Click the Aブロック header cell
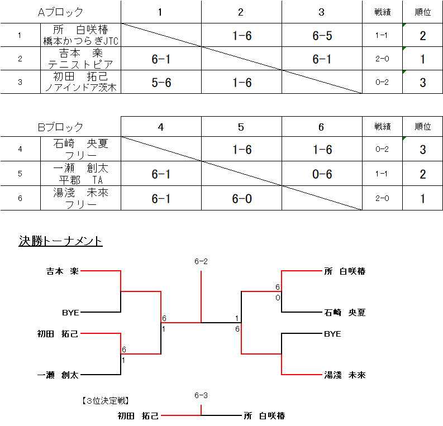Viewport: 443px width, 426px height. [60, 12]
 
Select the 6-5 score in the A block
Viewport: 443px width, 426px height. [322, 36]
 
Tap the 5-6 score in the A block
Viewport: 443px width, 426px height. [161, 83]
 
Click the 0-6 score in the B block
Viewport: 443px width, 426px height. [322, 174]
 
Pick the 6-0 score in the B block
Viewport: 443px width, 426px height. [242, 198]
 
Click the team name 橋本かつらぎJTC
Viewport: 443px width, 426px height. [81, 41]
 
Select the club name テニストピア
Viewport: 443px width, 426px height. [81, 64]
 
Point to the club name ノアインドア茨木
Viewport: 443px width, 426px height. [81, 88]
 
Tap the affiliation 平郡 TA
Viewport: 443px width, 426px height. [81, 180]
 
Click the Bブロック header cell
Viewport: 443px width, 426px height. [60, 127]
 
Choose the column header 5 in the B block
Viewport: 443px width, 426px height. [241, 127]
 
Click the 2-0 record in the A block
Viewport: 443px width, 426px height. [382, 59]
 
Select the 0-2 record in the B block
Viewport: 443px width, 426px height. [382, 149]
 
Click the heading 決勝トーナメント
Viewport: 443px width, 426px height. [60, 241]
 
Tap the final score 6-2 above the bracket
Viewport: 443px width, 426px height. [201, 261]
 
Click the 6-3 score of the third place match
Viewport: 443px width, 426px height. [201, 395]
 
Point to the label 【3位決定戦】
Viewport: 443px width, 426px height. [106, 400]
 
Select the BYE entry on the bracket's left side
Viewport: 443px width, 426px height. [70, 313]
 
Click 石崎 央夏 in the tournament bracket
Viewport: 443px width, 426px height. [345, 313]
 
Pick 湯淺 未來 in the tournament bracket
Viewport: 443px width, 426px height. [345, 375]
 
